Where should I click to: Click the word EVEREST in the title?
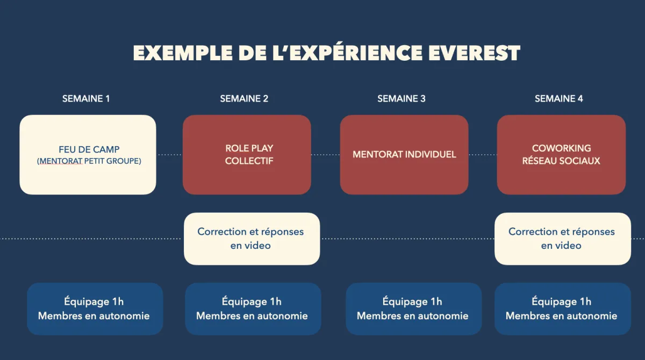click(474, 53)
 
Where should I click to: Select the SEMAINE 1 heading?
click(86, 99)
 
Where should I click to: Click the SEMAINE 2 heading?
click(244, 99)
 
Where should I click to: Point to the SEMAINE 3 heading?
click(402, 99)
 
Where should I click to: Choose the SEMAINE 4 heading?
click(558, 99)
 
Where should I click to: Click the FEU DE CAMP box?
click(88, 155)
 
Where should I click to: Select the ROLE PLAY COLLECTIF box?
click(247, 155)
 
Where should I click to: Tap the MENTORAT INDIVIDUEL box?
click(404, 155)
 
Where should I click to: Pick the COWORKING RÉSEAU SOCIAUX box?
click(561, 155)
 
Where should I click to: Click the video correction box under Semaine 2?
click(252, 239)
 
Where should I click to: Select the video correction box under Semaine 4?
click(563, 239)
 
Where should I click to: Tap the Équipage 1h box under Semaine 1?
click(95, 309)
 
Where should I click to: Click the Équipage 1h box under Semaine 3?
click(414, 309)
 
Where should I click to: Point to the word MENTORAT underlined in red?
click(61, 161)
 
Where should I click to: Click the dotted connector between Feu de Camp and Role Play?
click(170, 155)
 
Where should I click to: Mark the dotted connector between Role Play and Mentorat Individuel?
click(325, 155)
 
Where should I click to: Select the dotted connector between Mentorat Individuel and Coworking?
click(483, 155)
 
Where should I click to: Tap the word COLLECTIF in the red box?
click(249, 161)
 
